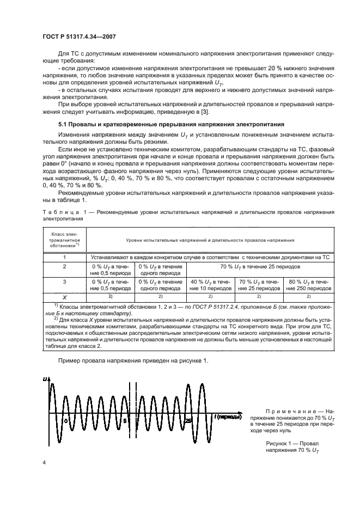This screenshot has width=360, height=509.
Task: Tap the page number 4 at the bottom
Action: (x=44, y=462)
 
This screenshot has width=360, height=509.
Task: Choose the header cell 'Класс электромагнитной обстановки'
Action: (x=64, y=238)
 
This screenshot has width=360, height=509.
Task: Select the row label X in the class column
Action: (x=64, y=296)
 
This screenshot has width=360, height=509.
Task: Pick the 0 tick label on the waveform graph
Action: (x=65, y=421)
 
